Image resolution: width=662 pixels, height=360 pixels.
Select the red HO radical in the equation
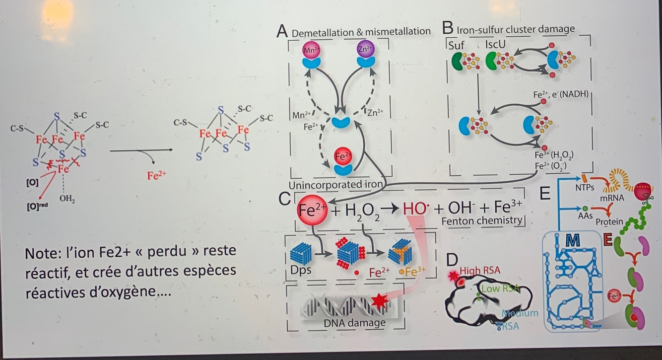[x=416, y=208]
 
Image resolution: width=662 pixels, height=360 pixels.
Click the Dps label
[x=299, y=272]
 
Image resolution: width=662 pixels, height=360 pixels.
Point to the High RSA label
[x=479, y=271]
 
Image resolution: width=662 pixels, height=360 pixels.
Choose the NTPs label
[x=585, y=188]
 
